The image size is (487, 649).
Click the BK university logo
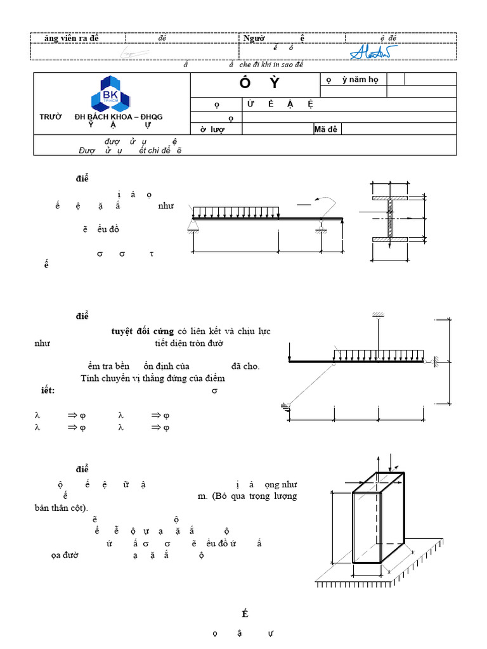111,93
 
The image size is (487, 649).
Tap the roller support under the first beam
322,227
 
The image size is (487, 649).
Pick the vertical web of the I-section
391,219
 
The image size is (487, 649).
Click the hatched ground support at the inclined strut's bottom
286,408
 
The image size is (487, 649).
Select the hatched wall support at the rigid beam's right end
436,362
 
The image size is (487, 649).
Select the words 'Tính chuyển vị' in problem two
108,378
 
